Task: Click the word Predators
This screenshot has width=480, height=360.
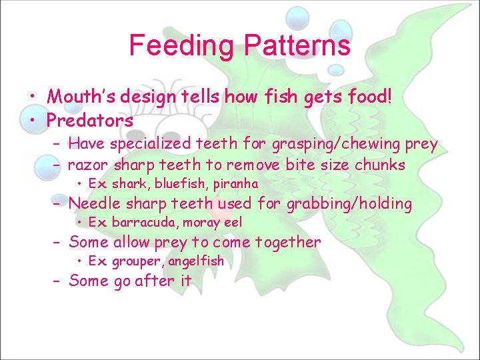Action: coord(90,121)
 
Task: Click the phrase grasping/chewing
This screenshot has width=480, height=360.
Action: coord(324,144)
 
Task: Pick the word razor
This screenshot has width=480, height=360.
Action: coord(89,165)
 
